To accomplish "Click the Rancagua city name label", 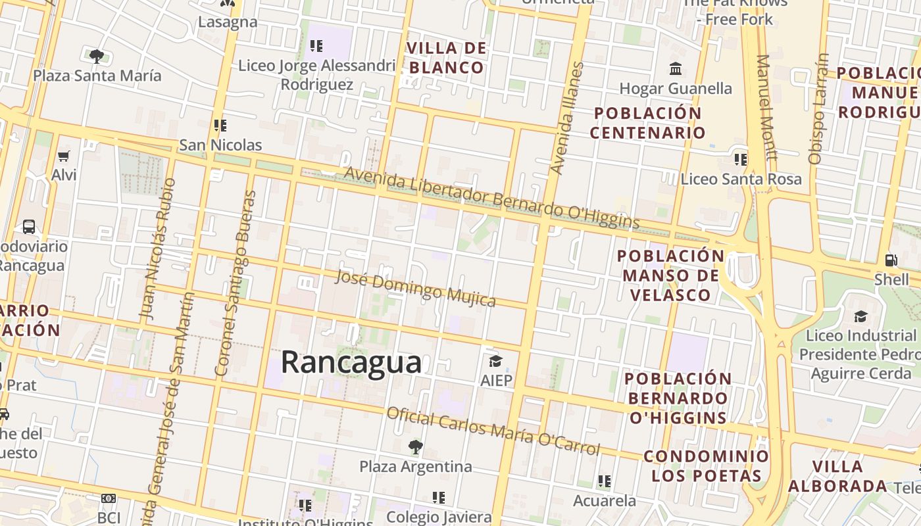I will (351, 362).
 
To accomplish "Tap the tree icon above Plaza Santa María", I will (97, 57).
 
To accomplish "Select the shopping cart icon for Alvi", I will (64, 156).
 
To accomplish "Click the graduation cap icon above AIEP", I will (495, 361).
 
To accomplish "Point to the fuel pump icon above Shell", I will (891, 260).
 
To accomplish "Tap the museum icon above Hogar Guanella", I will (675, 68).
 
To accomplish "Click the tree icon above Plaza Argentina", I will (415, 447).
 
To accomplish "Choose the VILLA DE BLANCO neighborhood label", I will (447, 58).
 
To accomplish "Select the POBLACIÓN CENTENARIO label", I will (647, 123).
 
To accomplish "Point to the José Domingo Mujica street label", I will (415, 288).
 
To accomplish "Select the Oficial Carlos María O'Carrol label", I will (493, 431).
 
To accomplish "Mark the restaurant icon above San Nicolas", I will (220, 125).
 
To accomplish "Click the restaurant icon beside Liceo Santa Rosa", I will (741, 159).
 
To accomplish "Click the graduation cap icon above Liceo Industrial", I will (860, 317).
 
